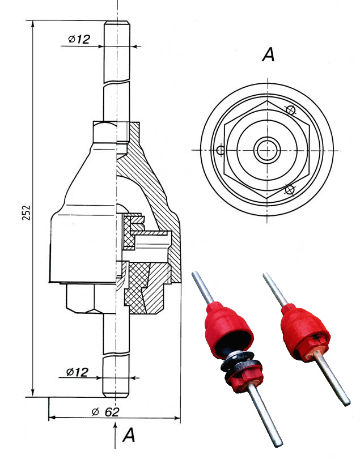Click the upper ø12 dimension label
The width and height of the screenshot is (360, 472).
(x=79, y=39)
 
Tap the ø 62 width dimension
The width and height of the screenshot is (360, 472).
(x=105, y=411)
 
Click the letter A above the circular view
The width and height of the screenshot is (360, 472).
(x=268, y=55)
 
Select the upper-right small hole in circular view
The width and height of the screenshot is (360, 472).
(x=291, y=110)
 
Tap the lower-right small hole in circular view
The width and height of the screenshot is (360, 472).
(x=290, y=189)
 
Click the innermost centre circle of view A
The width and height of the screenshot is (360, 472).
(x=264, y=150)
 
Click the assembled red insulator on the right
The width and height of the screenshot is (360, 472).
(x=302, y=331)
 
